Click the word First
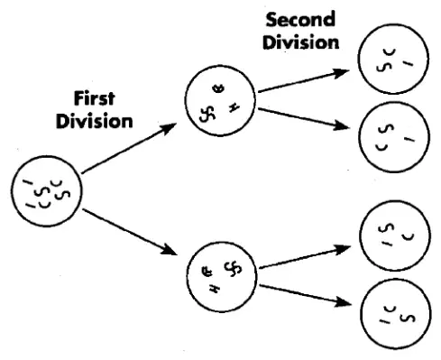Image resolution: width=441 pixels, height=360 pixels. point(94,98)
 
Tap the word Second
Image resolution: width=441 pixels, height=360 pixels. point(300,19)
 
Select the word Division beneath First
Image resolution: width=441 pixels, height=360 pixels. point(94,121)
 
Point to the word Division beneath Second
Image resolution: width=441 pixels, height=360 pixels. point(301,42)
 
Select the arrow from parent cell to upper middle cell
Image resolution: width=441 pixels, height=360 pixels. point(129,148)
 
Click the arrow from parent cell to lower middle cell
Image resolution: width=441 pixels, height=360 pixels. point(130,232)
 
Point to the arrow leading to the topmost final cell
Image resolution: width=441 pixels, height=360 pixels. point(304,80)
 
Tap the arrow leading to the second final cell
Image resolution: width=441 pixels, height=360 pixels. point(304,119)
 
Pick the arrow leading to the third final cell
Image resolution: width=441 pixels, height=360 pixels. point(305,256)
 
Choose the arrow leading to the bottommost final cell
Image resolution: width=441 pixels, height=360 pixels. point(306,296)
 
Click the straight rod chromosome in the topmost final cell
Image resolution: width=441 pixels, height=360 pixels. point(408,63)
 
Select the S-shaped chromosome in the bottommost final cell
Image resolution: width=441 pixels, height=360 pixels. point(409,318)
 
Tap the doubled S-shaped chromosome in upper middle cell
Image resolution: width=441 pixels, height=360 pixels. point(207,114)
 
